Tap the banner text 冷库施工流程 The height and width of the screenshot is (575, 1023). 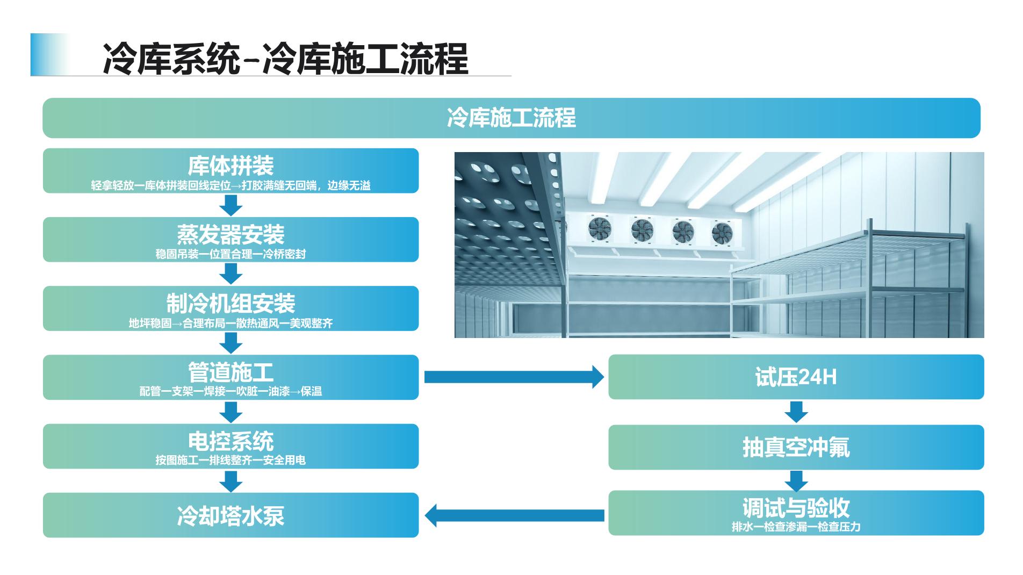(511, 118)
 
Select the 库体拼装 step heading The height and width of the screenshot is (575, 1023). (230, 166)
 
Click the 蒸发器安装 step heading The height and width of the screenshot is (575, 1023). (230, 234)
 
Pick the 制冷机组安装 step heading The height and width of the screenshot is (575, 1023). (230, 303)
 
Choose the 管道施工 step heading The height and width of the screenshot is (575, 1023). (230, 372)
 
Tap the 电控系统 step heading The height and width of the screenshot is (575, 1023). (230, 441)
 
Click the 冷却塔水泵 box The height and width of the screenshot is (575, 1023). (230, 515)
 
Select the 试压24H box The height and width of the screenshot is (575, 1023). (796, 377)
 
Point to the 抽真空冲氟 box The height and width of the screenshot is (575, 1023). (796, 447)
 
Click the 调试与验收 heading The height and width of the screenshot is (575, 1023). (796, 507)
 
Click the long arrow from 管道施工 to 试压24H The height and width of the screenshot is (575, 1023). (513, 377)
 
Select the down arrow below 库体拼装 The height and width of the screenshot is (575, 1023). (231, 205)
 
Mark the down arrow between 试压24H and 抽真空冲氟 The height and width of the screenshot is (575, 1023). (796, 412)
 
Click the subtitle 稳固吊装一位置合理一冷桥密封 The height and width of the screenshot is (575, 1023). (230, 254)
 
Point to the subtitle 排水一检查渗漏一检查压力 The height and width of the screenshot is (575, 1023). (796, 527)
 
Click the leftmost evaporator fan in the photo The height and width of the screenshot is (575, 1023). (599, 228)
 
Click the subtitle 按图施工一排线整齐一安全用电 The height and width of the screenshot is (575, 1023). (230, 461)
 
